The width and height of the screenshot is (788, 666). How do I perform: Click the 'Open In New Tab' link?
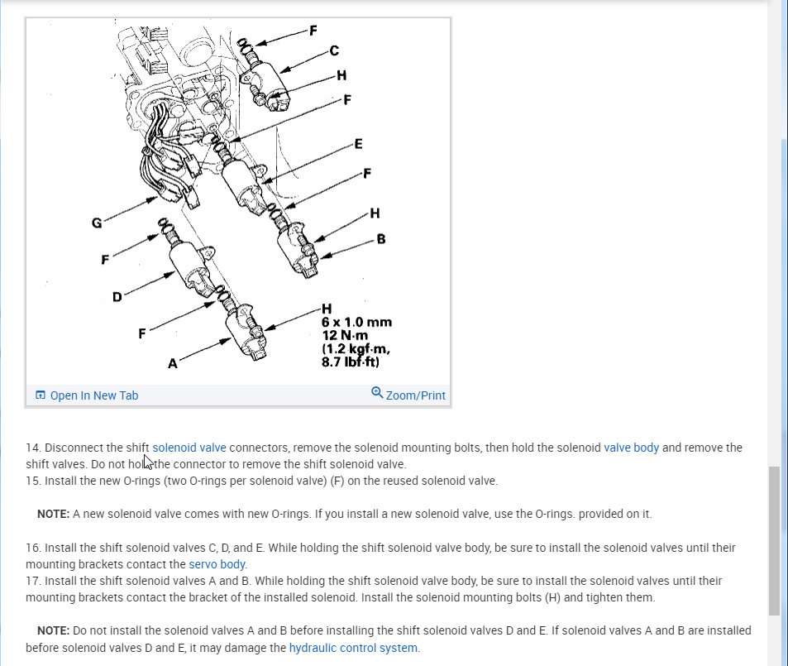pyautogui.click(x=93, y=395)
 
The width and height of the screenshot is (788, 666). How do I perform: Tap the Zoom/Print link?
pyautogui.click(x=415, y=395)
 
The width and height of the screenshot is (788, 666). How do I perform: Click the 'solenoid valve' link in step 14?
pyautogui.click(x=189, y=448)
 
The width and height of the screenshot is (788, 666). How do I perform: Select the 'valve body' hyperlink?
pyautogui.click(x=631, y=448)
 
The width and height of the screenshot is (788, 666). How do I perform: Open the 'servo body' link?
pyautogui.click(x=217, y=564)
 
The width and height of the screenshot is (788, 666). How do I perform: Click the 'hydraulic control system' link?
pyautogui.click(x=353, y=648)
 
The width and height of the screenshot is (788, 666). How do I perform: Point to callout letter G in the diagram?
pyautogui.click(x=97, y=223)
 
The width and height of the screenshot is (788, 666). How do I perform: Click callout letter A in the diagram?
pyautogui.click(x=172, y=363)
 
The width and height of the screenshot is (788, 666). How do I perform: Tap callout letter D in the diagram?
pyautogui.click(x=117, y=297)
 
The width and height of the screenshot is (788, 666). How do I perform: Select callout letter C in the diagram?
pyautogui.click(x=333, y=50)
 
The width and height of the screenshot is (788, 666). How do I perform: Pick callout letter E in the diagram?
pyautogui.click(x=358, y=144)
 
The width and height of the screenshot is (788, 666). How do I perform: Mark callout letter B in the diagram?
pyautogui.click(x=380, y=239)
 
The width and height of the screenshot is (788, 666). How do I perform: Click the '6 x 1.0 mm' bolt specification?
pyautogui.click(x=356, y=322)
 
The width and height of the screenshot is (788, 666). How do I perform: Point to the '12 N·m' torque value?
pyautogui.click(x=345, y=335)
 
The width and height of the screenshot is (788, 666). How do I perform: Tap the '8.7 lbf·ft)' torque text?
pyautogui.click(x=350, y=362)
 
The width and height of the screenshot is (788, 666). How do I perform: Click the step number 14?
pyautogui.click(x=32, y=448)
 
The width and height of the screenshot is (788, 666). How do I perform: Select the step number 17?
pyautogui.click(x=32, y=581)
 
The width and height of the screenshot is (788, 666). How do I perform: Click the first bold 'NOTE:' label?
pyautogui.click(x=53, y=514)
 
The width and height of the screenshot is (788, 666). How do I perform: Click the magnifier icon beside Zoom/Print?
pyautogui.click(x=377, y=393)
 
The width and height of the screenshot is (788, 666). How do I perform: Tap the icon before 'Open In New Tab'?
pyautogui.click(x=41, y=395)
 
